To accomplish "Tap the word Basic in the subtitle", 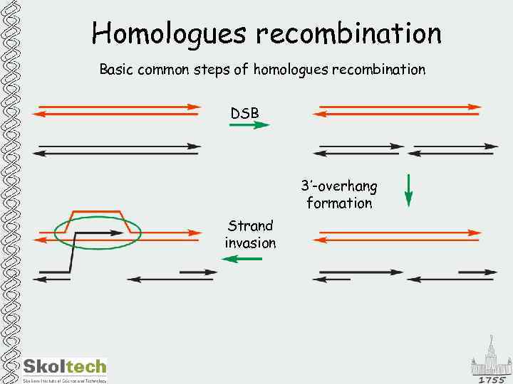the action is point(116,70).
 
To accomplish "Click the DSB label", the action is point(244,113).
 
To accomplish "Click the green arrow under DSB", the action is point(249,125).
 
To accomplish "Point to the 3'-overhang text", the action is point(339,186).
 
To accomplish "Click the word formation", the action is point(339,203).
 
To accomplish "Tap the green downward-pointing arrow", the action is point(408,190).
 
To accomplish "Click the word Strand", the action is point(250,226).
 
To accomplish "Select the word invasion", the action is point(250,243).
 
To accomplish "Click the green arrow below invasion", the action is point(242,260).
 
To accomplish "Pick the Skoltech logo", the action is point(64,367).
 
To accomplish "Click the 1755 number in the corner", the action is point(492,380).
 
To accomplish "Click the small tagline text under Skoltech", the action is point(64,380).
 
